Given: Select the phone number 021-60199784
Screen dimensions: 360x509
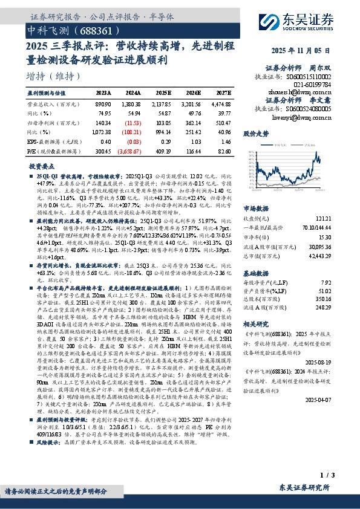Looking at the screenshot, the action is click(x=309, y=85).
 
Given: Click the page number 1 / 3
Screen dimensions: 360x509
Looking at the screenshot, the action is click(x=327, y=476).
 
